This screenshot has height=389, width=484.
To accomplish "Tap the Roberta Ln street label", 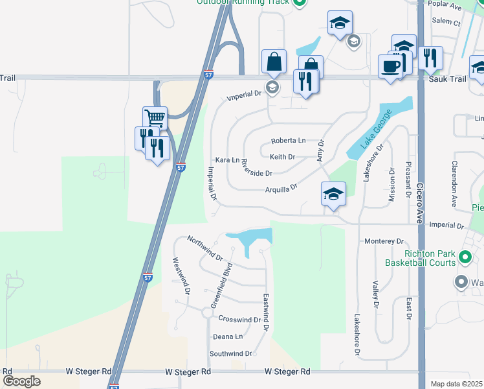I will coord(288,141).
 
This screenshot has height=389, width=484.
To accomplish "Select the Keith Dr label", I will coord(282,157).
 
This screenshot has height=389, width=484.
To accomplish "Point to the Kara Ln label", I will coord(227,159).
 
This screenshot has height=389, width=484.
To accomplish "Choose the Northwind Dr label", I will coord(204,249).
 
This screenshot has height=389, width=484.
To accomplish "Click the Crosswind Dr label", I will coord(239,320).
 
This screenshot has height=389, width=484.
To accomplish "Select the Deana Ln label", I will coord(228,336).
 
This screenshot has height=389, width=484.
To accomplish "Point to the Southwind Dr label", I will coord(230,353).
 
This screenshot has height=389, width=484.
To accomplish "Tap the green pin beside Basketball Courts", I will coord(465,258).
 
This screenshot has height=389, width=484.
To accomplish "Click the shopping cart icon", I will coord(155,119).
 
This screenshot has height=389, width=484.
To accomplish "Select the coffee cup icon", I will coord(390,66).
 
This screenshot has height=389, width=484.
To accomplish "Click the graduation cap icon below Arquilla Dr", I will coord(333,194).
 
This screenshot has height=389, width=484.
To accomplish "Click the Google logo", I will coord(21,381).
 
